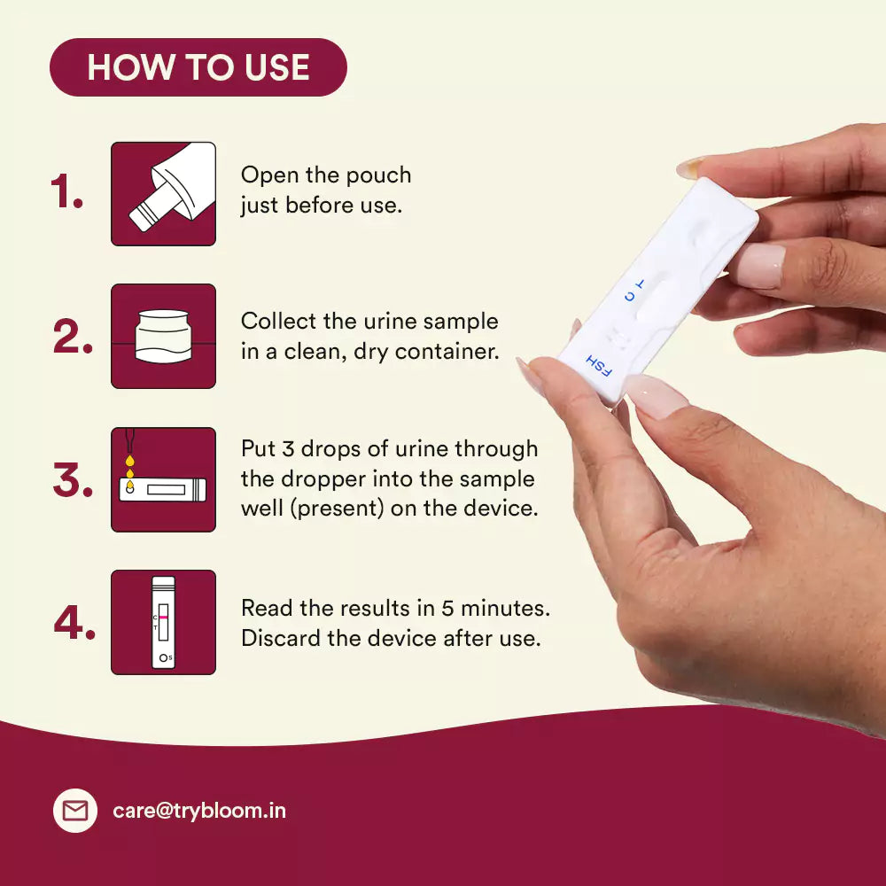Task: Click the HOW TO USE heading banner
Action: click(198, 67)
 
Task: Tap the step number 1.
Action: click(66, 191)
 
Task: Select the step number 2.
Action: click(73, 336)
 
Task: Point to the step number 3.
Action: click(73, 479)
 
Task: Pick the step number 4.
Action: click(74, 622)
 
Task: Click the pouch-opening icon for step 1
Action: click(163, 194)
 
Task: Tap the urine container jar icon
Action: click(163, 336)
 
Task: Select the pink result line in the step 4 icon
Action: click(163, 618)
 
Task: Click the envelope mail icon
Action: click(75, 811)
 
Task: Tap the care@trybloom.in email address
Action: click(199, 811)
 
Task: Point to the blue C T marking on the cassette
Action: click(634, 290)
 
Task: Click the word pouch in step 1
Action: click(378, 175)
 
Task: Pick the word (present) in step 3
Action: click(338, 509)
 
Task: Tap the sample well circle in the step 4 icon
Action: click(163, 657)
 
